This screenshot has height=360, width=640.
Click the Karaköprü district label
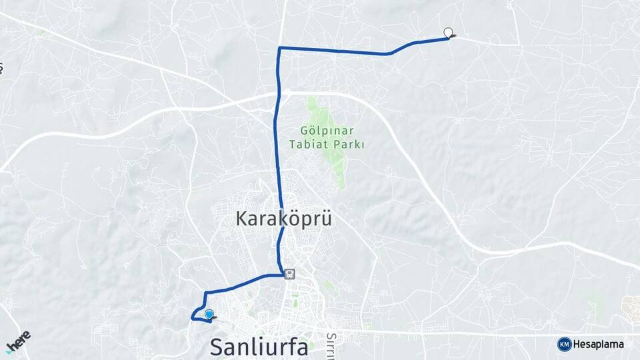pos(283,219)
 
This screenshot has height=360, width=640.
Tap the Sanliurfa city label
pos(259,347)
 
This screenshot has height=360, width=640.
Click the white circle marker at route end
pos(448,32)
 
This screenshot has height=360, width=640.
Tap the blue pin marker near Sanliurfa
pos(209,314)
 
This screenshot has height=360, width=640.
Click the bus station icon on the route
pos(289,273)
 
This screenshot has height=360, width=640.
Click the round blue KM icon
pos(564,344)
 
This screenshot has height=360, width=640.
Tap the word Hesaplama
pos(599,345)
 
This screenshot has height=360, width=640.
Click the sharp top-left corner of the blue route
pos(279,48)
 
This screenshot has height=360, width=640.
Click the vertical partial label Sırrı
pos(332,345)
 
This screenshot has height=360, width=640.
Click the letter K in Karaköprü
pos(241,219)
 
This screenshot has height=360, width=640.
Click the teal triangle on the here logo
pos(9,350)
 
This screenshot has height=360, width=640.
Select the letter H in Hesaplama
pos(579,345)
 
